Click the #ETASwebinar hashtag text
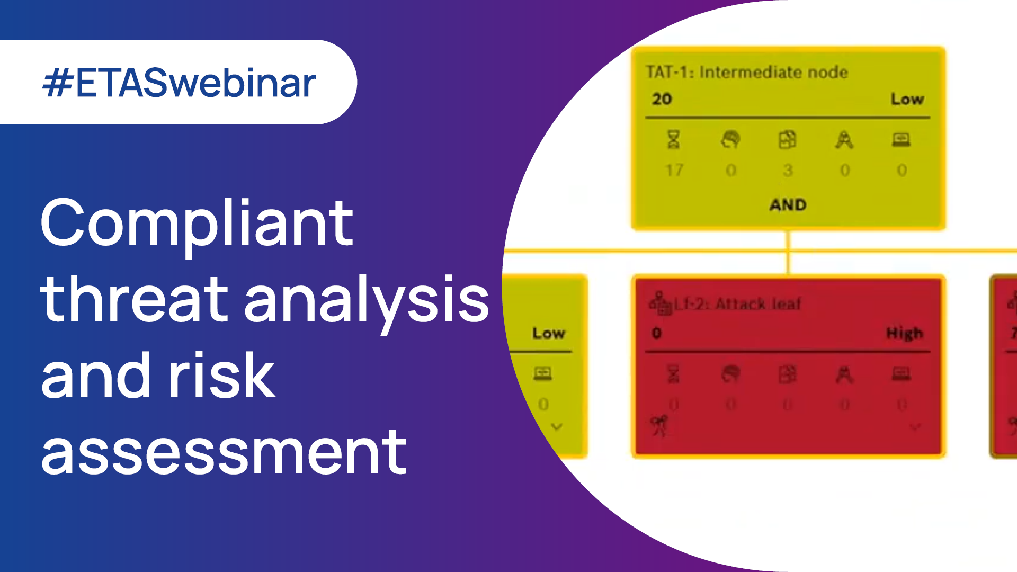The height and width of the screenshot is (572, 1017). pos(179,83)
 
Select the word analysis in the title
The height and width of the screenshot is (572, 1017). pos(367,300)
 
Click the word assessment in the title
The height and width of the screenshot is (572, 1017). pos(224,452)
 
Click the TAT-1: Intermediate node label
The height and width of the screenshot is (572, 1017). pos(747,72)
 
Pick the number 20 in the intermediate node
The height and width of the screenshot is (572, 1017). pos(662,99)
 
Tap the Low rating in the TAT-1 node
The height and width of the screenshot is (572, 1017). pos(907,99)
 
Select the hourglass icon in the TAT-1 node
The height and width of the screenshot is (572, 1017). pos(673,140)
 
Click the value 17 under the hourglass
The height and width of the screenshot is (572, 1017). pos(674,170)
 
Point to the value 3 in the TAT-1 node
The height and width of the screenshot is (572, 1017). pos(788,170)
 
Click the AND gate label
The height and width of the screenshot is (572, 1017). pos(788,205)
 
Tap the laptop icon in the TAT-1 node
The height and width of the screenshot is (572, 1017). pos(901,140)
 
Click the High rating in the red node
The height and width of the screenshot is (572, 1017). pos(904,333)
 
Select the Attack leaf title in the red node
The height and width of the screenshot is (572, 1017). pos(757,304)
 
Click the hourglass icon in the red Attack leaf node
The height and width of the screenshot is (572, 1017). pos(673,374)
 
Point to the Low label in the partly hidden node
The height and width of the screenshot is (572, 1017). pos(549,333)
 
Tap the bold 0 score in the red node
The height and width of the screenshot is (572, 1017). pos(657,333)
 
